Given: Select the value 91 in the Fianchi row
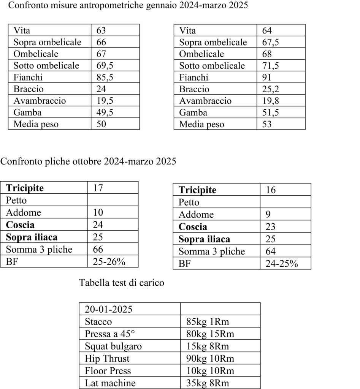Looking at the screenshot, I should coord(267,77).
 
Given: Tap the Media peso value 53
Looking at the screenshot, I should coord(267,124).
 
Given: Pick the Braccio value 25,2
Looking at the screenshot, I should coord(271,89).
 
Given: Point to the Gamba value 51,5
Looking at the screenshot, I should coord(271,112).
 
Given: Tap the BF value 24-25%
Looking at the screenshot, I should coord(282,264).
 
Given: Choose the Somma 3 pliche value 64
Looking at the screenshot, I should coord(271,251).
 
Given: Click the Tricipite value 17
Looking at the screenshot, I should coord(98,188).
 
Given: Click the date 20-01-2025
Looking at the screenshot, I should coord(108,309).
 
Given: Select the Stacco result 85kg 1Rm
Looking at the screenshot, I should coord(208,322).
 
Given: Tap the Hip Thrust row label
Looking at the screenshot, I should coord(107,358).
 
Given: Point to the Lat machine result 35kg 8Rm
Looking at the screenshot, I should coord(208,383).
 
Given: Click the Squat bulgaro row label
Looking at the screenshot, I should coord(113,346).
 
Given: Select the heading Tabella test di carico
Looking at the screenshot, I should coord(122,283).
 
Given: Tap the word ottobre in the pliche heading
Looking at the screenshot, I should coord(89,161).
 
